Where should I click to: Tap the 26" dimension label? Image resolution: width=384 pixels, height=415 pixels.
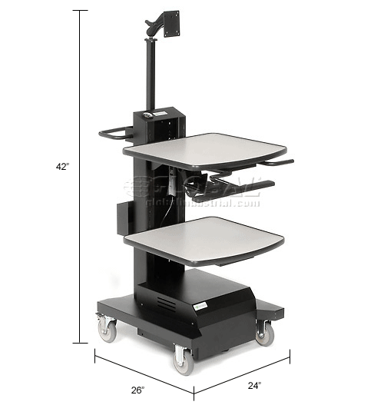click(137, 390)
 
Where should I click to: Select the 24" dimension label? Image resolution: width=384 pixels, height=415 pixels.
click(254, 385)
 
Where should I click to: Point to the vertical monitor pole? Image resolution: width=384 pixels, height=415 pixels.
click(144, 77)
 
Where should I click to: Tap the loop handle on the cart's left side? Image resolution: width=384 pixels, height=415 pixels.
click(114, 134)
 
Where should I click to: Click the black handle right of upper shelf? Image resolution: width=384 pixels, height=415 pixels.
click(276, 162)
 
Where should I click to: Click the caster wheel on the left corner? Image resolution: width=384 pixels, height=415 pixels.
click(104, 328)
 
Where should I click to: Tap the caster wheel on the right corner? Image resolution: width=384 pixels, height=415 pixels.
click(265, 333)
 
